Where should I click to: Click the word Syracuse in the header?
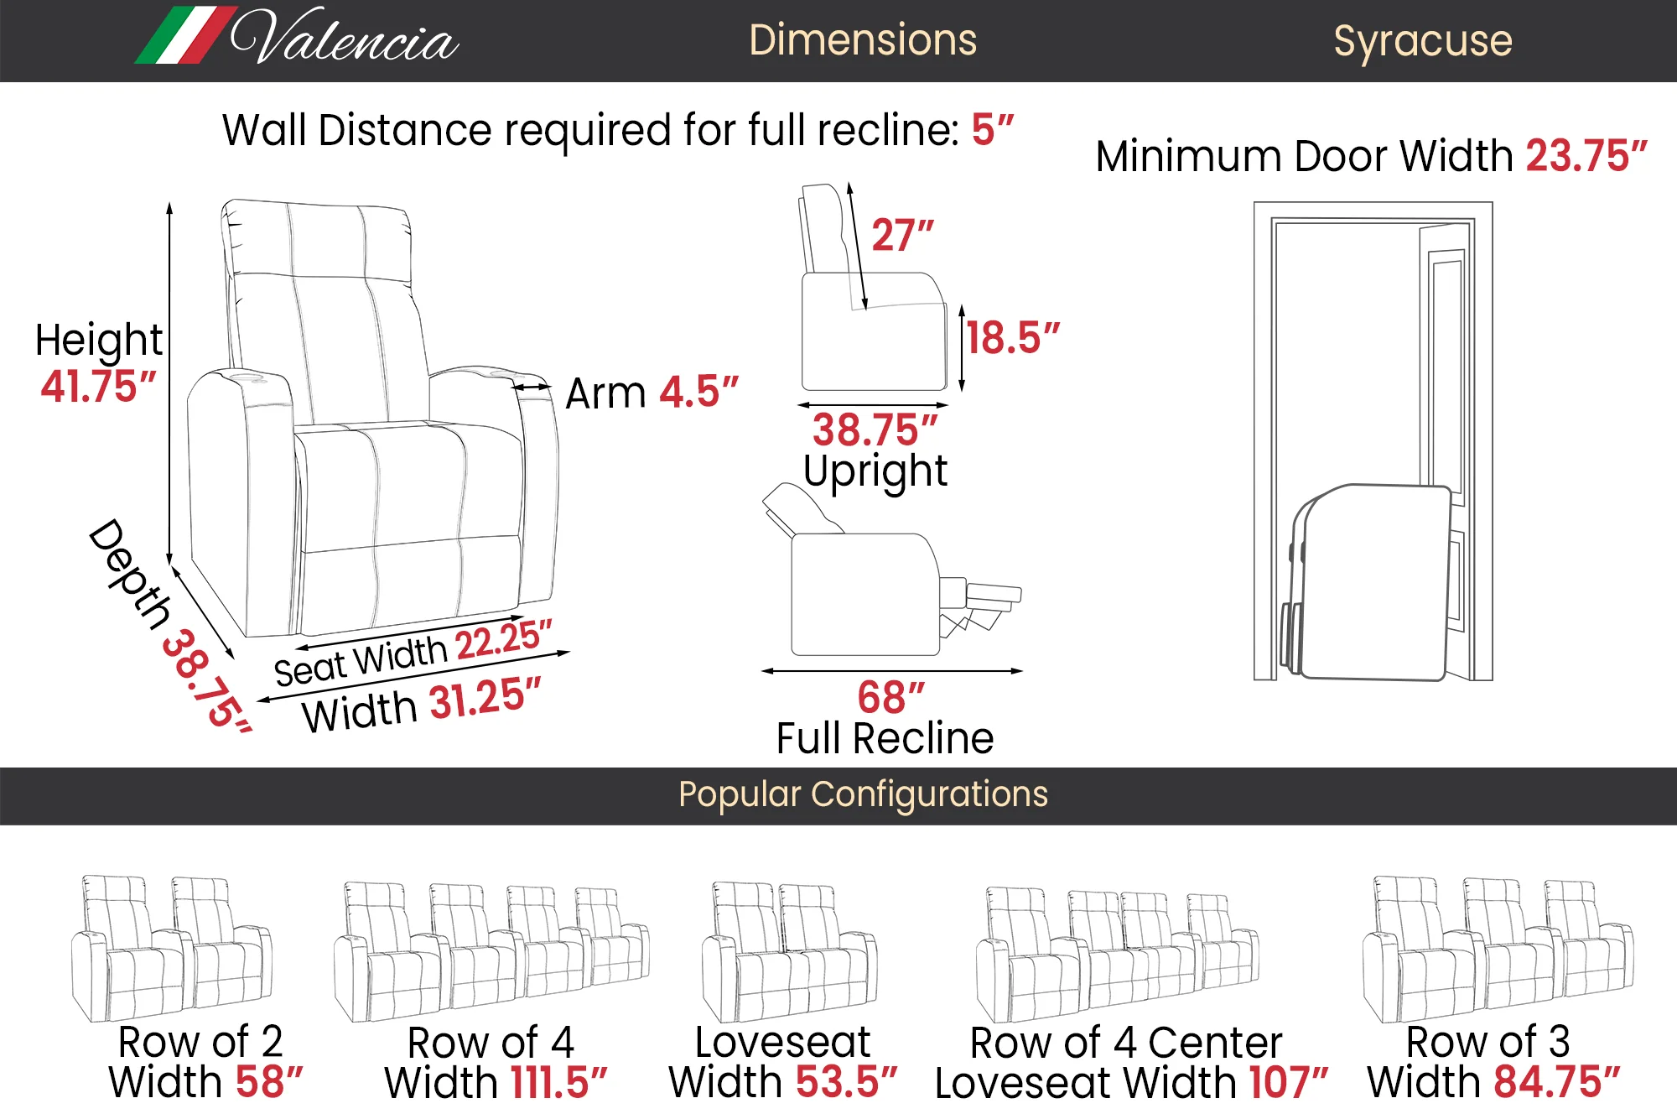1423,41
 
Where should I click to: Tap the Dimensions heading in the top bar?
863,40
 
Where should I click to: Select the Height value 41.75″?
99,387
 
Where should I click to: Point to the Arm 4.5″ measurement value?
699,393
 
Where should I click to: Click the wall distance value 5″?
993,130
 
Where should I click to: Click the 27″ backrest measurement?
902,235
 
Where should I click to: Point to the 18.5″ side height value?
1013,338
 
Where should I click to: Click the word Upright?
875,471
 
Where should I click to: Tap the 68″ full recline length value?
890,697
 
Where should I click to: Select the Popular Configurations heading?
863,794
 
